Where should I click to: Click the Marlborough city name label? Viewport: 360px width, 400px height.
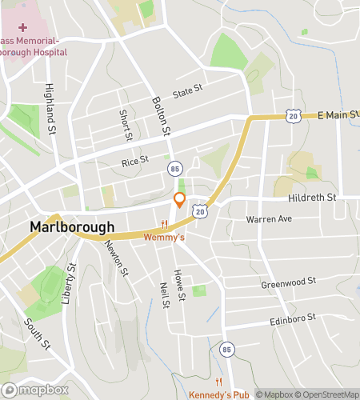72,226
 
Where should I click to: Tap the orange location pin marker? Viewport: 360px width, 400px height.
180,200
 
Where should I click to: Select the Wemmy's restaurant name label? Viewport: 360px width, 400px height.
164,237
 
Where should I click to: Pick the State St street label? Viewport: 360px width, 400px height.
188,94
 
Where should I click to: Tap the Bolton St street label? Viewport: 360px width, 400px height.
162,117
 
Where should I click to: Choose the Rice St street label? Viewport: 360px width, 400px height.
135,161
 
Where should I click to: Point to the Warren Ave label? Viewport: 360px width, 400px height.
270,218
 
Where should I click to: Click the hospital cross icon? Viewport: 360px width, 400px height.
22,27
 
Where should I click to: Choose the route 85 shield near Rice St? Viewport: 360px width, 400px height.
174,169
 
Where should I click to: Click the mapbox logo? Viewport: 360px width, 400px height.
35,390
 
